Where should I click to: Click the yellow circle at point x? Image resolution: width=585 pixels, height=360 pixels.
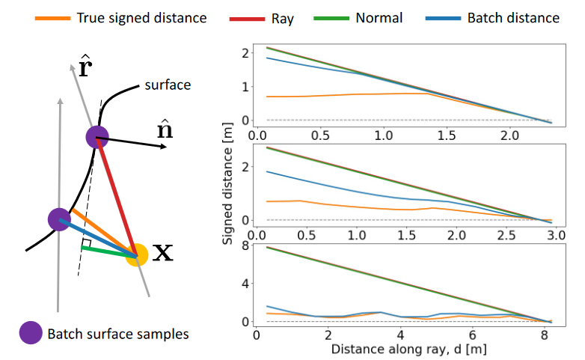point(137,254)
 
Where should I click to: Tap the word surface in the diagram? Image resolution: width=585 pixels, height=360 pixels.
point(168,85)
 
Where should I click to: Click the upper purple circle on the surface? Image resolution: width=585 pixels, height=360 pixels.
point(97,137)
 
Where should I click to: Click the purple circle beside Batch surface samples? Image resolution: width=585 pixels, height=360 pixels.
point(31,332)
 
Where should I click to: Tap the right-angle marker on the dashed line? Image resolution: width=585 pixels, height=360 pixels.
point(87,244)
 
